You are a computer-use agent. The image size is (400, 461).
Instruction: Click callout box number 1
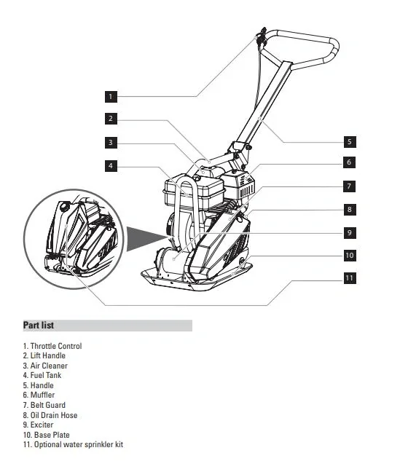[x=111, y=95]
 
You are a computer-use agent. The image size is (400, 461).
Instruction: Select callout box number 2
[x=111, y=119]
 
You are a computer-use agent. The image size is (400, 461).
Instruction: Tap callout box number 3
[x=111, y=142]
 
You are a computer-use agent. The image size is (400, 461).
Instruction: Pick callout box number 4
[x=111, y=166]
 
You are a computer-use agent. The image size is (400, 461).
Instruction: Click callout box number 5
[x=349, y=141]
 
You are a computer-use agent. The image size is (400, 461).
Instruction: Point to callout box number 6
[x=349, y=162]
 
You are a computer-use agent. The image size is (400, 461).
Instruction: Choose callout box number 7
[x=349, y=186]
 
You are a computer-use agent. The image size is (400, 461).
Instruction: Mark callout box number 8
[x=349, y=209]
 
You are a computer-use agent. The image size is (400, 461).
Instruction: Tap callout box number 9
[x=349, y=232]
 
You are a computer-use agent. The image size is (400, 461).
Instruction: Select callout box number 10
[x=349, y=256]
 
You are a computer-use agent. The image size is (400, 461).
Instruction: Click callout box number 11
[x=349, y=278]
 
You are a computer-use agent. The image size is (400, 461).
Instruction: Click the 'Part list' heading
[x=39, y=326]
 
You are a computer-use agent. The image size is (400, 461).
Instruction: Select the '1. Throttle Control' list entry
[x=52, y=346]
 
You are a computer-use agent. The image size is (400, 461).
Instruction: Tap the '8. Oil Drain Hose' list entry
[x=50, y=415]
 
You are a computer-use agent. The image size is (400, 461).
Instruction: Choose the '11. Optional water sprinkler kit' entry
[x=68, y=444]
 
